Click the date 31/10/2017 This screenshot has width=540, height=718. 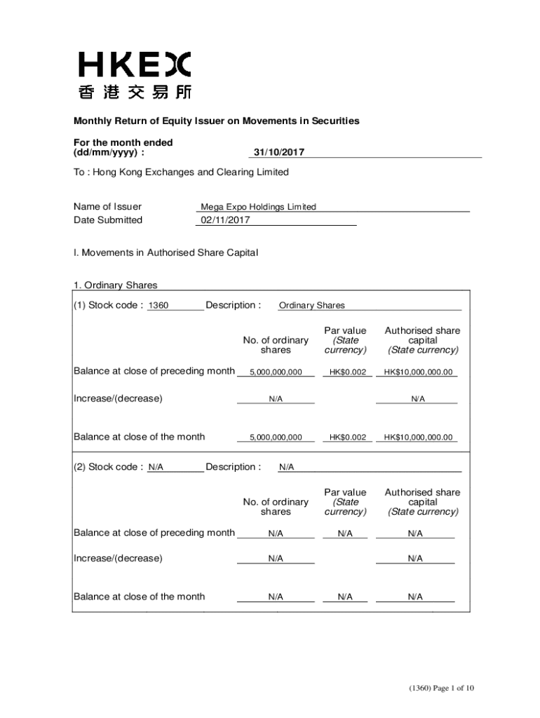click(x=278, y=152)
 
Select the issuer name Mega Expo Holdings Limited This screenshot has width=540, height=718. click(x=258, y=207)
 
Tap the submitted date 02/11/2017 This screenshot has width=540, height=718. click(x=224, y=220)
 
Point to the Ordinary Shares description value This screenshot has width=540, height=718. click(x=311, y=306)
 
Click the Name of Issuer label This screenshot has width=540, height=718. click(x=107, y=207)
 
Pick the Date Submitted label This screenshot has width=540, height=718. click(x=108, y=220)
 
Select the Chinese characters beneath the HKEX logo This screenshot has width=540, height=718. click(x=134, y=92)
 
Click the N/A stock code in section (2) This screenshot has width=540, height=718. click(x=156, y=467)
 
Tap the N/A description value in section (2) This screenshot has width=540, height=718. click(x=286, y=467)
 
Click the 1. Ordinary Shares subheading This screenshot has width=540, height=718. click(x=115, y=285)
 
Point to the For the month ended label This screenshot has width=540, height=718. click(x=123, y=142)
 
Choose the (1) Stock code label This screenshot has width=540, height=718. click(x=109, y=305)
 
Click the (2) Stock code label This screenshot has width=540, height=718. click(x=109, y=467)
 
